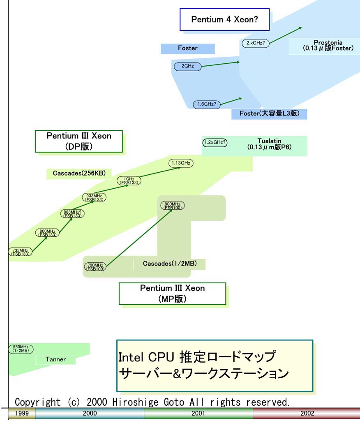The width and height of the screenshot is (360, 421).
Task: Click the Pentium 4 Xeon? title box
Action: (224, 19)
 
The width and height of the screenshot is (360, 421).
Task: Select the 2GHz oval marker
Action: (188, 66)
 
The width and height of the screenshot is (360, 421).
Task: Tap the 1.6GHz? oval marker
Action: (207, 104)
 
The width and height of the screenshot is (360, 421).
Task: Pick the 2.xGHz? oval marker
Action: (255, 43)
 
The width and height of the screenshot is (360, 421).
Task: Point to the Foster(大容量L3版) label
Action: (269, 113)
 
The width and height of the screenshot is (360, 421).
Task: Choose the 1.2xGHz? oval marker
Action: (215, 142)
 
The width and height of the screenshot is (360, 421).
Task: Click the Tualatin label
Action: (269, 144)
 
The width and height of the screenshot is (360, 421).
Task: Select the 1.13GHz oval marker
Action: (181, 163)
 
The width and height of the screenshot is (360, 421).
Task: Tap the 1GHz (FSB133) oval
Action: (129, 180)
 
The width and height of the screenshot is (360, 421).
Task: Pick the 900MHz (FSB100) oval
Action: (172, 206)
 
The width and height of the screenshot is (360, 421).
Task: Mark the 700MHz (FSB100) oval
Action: (95, 266)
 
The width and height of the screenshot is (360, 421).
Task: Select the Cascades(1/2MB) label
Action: (169, 264)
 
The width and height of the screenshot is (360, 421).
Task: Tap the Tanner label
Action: (55, 359)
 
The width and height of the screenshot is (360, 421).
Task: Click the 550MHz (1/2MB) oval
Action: (21, 349)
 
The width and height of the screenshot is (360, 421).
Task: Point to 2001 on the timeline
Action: (198, 413)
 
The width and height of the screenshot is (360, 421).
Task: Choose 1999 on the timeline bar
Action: (22, 413)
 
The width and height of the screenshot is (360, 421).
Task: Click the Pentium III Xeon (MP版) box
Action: (172, 294)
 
